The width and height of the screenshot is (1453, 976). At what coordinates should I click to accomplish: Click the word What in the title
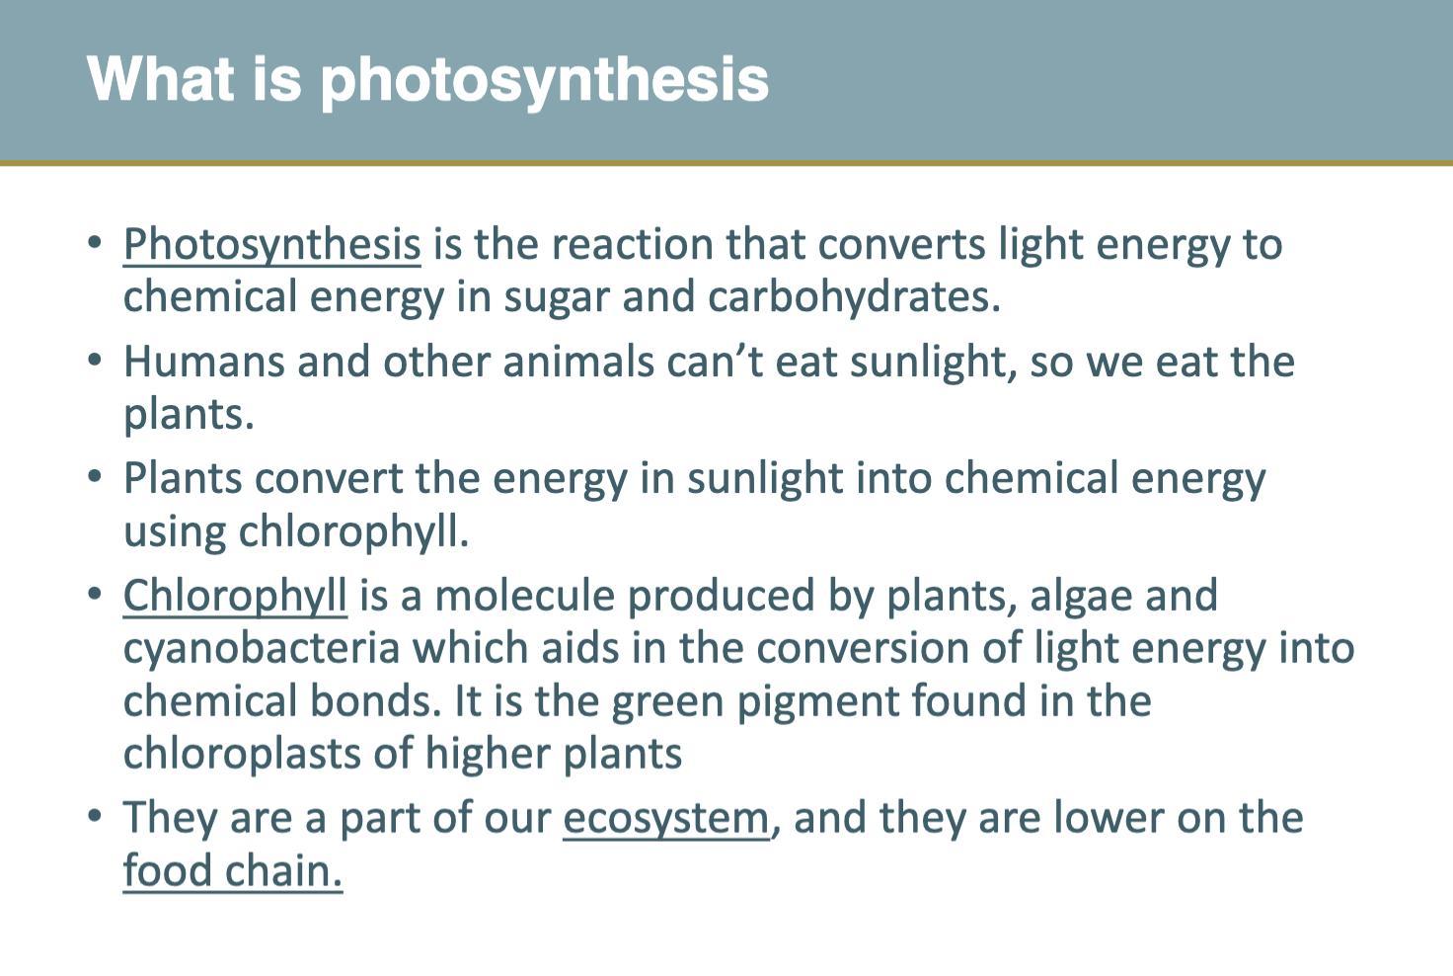coord(160,79)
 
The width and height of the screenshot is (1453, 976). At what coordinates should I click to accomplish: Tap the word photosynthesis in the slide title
coord(545,81)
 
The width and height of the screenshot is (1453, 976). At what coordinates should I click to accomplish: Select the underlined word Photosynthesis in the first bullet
coord(271,245)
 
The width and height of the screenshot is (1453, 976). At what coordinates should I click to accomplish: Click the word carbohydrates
coord(854,295)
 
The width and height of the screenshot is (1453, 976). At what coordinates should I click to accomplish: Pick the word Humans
coord(203,361)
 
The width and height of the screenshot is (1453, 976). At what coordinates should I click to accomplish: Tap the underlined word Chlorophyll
coord(235,596)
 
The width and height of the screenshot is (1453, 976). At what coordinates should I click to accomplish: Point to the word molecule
coord(525,596)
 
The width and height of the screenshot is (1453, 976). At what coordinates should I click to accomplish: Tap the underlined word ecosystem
coord(665,819)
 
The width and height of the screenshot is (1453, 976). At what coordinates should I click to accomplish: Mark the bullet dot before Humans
coord(95,360)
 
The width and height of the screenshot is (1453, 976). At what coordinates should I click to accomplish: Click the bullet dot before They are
coord(95,815)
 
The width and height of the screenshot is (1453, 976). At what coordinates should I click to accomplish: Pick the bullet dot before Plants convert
coord(95,476)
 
